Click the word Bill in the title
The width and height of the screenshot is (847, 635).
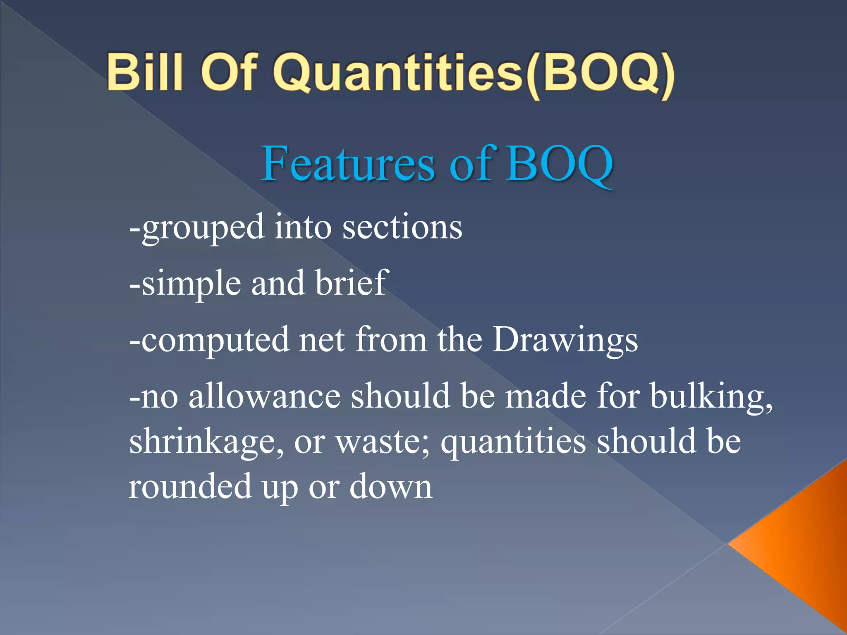[144, 72]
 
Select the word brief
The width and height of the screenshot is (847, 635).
[351, 283]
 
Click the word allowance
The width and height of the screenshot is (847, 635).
[265, 396]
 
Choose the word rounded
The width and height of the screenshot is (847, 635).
[190, 487]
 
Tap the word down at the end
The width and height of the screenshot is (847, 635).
[391, 487]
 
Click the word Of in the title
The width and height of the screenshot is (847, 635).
[230, 72]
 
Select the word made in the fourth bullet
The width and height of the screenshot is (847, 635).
[546, 396]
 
